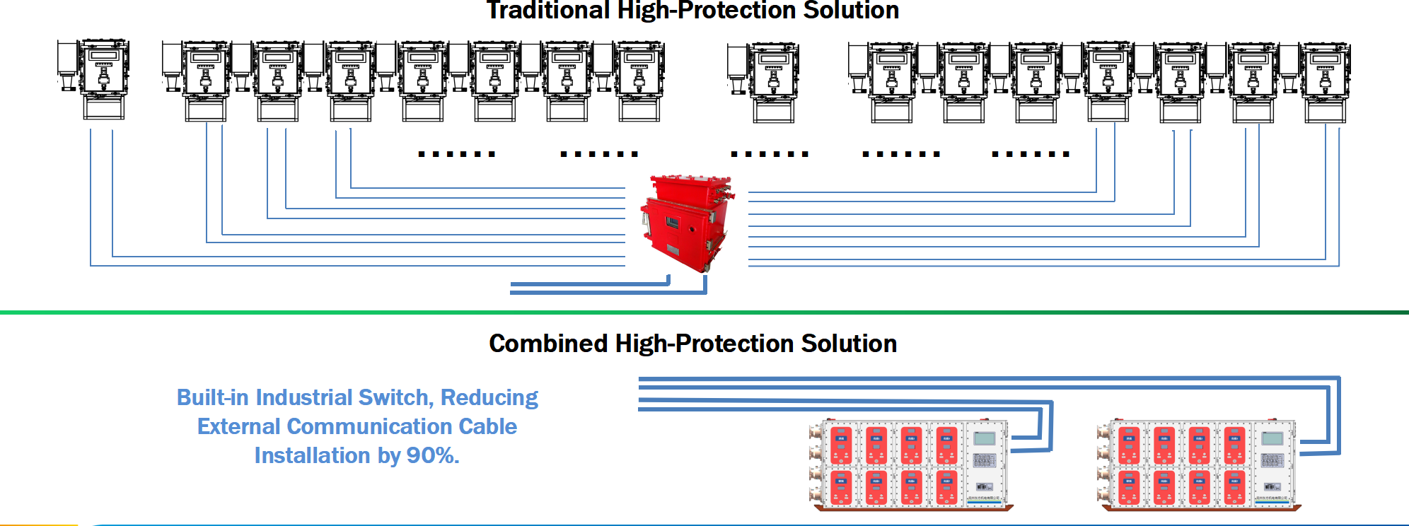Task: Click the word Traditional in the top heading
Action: [547, 10]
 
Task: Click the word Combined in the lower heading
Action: [548, 344]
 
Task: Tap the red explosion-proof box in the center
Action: [685, 223]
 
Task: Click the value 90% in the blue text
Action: [432, 456]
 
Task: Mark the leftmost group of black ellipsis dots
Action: [456, 153]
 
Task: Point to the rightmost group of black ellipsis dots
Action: [1031, 153]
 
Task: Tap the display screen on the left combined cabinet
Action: [984, 439]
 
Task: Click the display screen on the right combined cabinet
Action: [1272, 439]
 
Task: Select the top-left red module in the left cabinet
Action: [841, 445]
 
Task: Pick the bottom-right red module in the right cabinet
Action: [1234, 488]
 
